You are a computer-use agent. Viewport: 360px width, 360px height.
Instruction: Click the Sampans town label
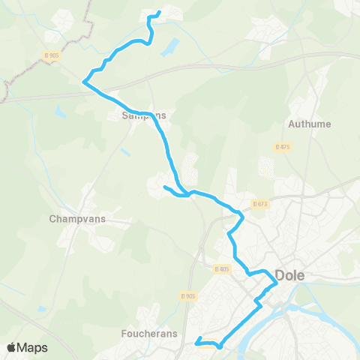coord(144,115)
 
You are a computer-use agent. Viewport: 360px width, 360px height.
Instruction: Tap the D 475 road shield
coord(283,146)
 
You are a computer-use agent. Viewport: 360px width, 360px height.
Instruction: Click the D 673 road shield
coord(260,203)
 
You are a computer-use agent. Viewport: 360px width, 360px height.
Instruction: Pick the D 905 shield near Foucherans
coord(189,295)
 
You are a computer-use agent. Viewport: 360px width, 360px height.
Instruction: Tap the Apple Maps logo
coord(27,347)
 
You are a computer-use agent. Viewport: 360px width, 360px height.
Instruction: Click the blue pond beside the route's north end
coord(169,46)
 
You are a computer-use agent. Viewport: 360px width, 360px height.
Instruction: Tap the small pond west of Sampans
coord(59,112)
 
